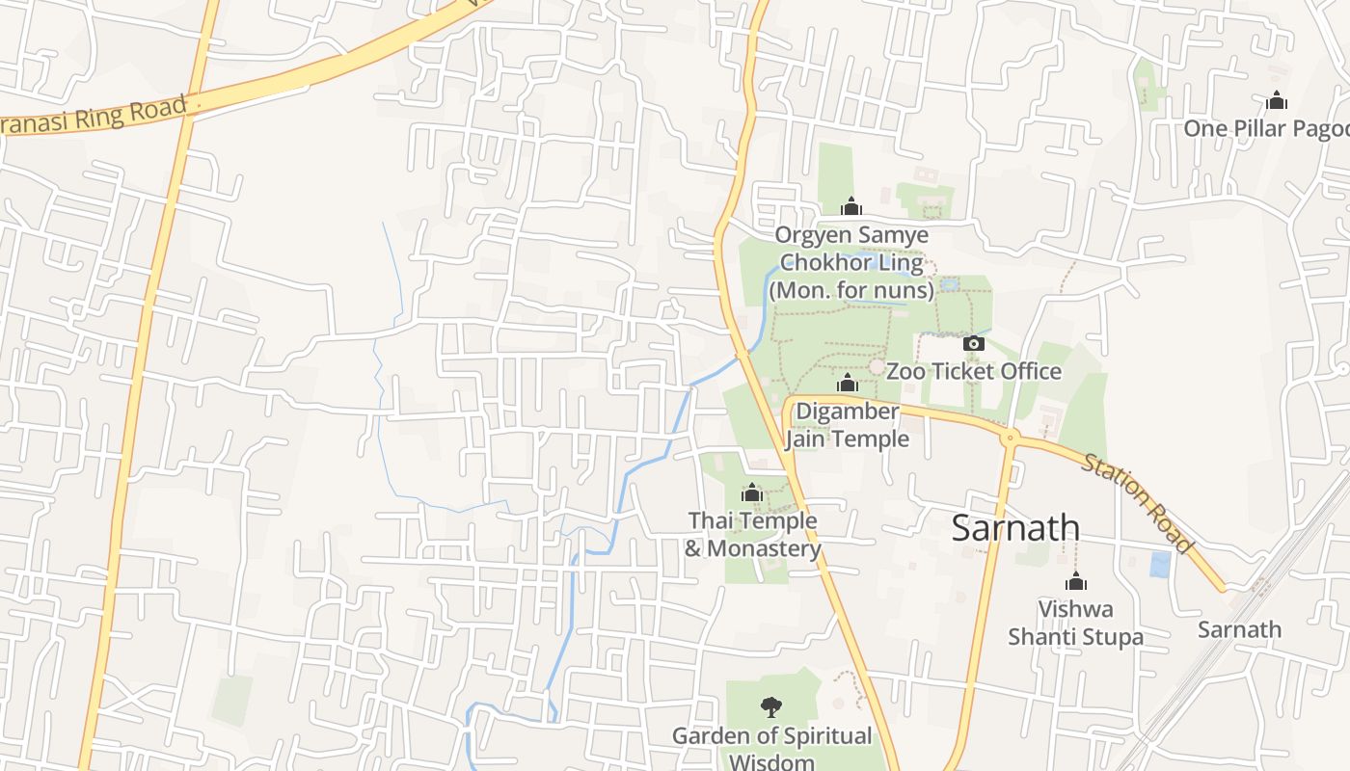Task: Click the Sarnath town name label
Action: coord(1015,528)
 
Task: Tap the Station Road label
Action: coord(1138,503)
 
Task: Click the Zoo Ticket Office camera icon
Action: coord(973,343)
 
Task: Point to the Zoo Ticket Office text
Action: coord(973,371)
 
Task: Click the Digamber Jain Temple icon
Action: coord(848,384)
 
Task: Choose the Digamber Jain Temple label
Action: coord(847,425)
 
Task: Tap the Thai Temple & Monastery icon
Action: coord(752,493)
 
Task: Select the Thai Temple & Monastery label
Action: coord(753,535)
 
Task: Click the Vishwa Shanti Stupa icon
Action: coord(1076,581)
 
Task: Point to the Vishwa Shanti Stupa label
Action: coord(1076,623)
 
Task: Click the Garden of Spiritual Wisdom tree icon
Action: coord(770,708)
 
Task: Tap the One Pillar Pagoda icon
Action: coord(1277,100)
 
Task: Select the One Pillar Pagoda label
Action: coord(1265,128)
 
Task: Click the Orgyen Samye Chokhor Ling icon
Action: coord(851,206)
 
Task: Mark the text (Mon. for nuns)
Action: coord(851,290)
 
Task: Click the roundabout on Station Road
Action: coord(1010,439)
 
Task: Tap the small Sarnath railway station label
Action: coord(1239,629)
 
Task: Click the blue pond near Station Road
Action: coord(1160,564)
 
